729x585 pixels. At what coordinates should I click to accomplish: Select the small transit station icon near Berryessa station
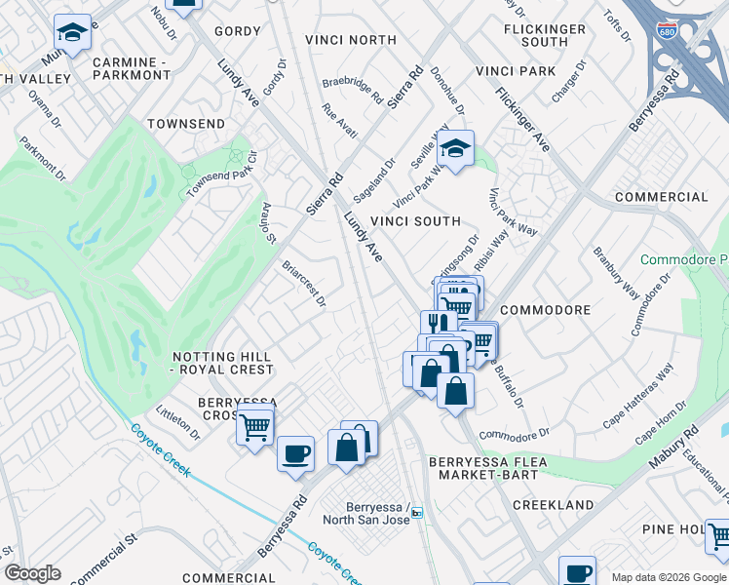pyautogui.click(x=417, y=513)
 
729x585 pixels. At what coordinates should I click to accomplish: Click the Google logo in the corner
pyautogui.click(x=32, y=573)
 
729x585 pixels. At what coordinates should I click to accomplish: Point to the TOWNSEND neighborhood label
pyautogui.click(x=185, y=124)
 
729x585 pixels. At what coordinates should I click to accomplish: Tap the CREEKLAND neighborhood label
pyautogui.click(x=553, y=505)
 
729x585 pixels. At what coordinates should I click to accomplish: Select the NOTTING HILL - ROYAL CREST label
pyautogui.click(x=221, y=363)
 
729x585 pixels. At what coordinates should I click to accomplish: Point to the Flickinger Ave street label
pyautogui.click(x=522, y=119)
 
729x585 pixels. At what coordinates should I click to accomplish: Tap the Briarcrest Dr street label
pyautogui.click(x=303, y=284)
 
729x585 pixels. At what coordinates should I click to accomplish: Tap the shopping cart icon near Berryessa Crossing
pyautogui.click(x=254, y=426)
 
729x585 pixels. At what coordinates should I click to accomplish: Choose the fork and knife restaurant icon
pyautogui.click(x=439, y=323)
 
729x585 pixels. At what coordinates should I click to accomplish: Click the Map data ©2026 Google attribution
pyautogui.click(x=668, y=576)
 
